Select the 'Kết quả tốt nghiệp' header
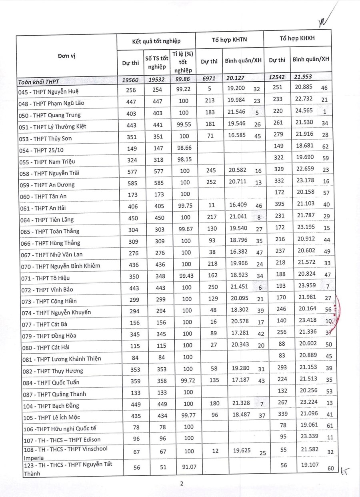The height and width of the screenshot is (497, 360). pos(156,41)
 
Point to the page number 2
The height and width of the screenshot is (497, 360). pos(181,483)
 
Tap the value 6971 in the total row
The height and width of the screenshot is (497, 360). pos(209,80)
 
